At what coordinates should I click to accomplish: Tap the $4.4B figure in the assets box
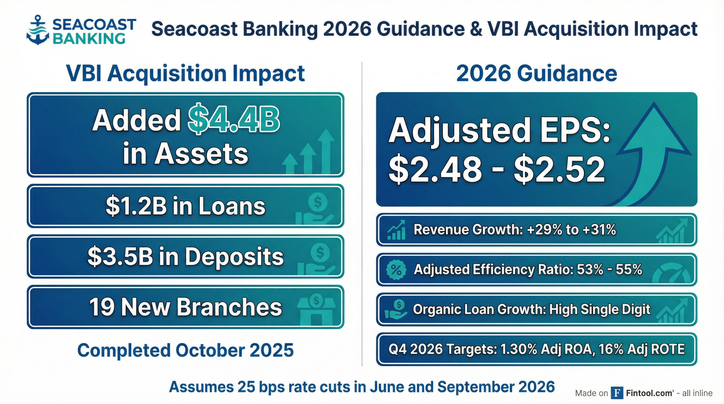[x=234, y=119]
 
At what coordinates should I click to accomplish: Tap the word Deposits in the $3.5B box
[x=234, y=256]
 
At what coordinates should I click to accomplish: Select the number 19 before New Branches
[x=102, y=307]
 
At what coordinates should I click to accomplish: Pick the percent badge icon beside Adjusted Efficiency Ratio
[x=396, y=270]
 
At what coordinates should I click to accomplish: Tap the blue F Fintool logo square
[x=617, y=393]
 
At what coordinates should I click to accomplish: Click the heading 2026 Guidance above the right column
[x=536, y=74]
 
